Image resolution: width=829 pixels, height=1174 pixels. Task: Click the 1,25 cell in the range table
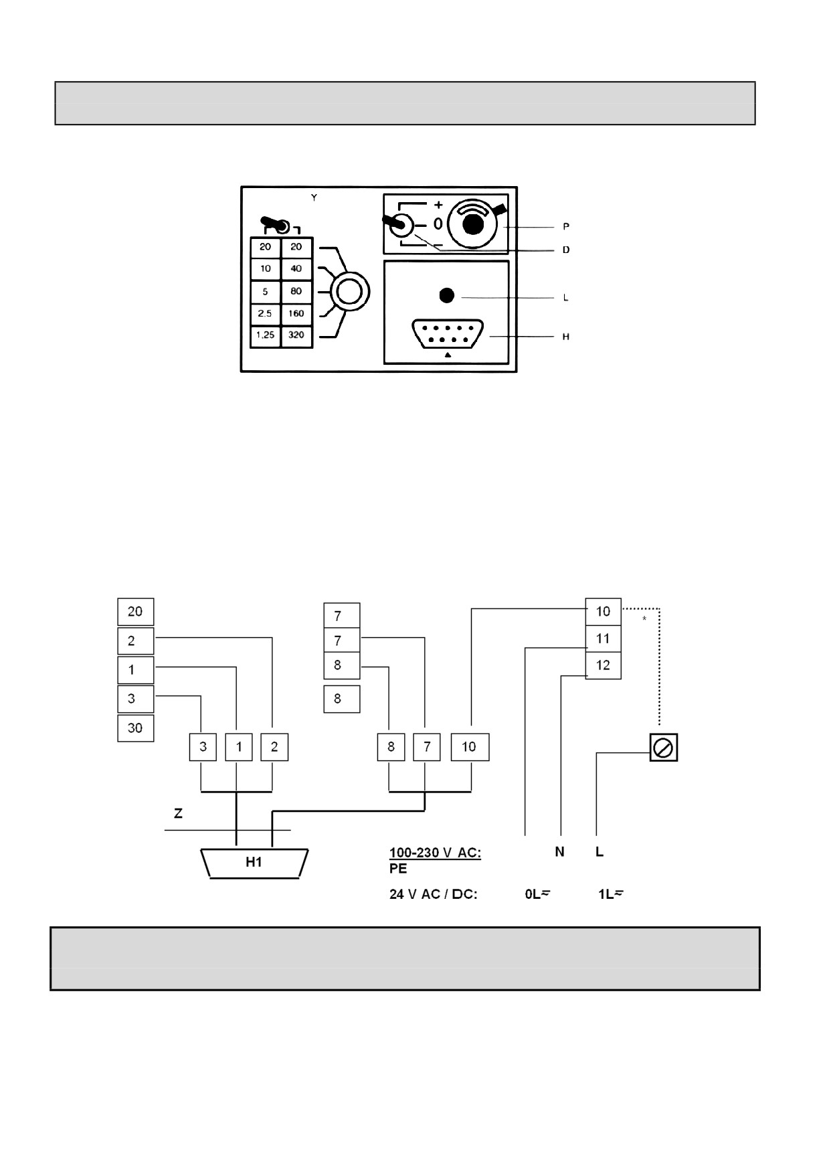[x=266, y=336]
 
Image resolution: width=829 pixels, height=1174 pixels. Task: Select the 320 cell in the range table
[x=296, y=336]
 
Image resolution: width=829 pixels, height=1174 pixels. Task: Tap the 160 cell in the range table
[x=296, y=313]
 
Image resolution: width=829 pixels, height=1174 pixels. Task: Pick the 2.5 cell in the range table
[x=266, y=313]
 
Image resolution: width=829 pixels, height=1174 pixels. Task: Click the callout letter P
[x=566, y=228]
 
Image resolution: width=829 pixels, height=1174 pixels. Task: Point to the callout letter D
[x=566, y=250]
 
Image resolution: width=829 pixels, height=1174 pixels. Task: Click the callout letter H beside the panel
[x=566, y=337]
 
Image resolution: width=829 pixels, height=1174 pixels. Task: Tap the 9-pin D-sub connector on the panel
[x=448, y=334]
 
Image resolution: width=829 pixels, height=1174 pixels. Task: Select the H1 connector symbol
[x=254, y=863]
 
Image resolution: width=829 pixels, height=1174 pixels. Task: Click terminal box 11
[x=603, y=639]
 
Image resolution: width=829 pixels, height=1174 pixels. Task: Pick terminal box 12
[x=603, y=665]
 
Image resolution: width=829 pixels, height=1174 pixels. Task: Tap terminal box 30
[x=135, y=728]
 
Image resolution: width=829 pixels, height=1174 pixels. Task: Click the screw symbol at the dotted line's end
[x=664, y=747]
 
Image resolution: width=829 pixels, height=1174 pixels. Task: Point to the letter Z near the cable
[x=178, y=814]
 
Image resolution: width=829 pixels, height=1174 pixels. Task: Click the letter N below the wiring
[x=559, y=852]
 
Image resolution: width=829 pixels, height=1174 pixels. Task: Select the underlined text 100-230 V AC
[x=435, y=853]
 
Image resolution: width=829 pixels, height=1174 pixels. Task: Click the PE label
[x=398, y=869]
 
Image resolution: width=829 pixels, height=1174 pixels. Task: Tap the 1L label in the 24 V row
[x=610, y=894]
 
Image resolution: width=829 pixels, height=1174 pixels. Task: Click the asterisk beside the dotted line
[x=644, y=619]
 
